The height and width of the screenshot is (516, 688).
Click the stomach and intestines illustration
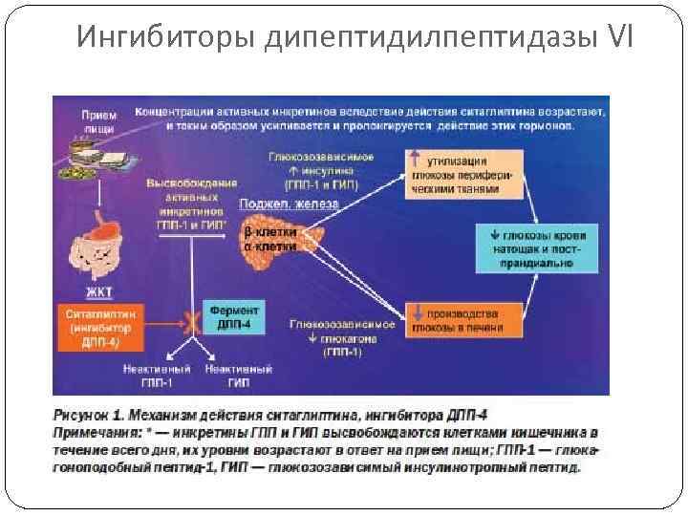(104, 240)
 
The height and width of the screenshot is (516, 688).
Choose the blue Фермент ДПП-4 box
(232, 318)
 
